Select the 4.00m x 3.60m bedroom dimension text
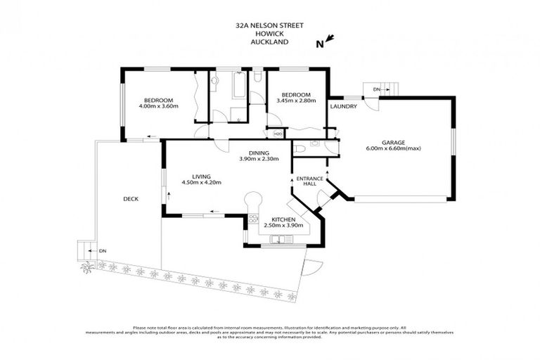coord(159,106)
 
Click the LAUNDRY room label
coord(344,107)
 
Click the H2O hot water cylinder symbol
coord(277,134)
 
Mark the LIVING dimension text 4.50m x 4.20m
coord(202,183)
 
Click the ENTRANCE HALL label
coord(309,182)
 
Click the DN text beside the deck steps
coord(103,251)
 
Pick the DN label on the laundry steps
coord(377,90)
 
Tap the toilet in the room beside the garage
coord(300,148)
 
